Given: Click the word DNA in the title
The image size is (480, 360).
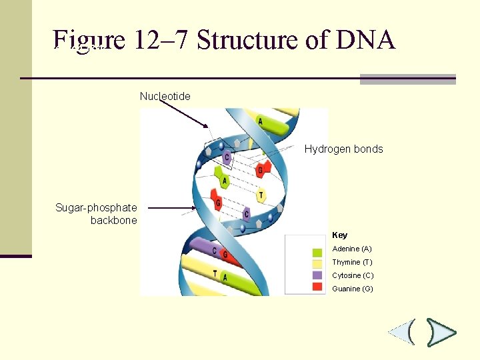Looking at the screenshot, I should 366,40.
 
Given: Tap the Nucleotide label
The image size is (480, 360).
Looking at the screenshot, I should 165,97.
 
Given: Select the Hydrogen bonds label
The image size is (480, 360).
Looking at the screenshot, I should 343,149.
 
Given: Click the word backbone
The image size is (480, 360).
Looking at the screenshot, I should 113,220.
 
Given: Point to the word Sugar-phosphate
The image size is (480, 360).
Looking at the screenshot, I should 96,208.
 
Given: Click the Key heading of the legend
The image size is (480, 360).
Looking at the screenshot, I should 339,235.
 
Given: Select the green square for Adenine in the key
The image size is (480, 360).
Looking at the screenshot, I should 317,253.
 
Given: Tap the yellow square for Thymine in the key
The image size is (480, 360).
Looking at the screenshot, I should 317,264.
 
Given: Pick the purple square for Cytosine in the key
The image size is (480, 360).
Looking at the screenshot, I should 317,275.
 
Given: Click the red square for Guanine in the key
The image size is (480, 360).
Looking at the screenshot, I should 317,286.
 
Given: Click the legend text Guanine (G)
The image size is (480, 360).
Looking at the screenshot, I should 352,289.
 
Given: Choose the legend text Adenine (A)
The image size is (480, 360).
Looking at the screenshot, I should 351,249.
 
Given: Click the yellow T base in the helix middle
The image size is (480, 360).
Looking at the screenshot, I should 261,195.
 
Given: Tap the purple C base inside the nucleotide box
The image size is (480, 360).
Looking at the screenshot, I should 227,157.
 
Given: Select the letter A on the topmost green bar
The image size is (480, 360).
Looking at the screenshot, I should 260,122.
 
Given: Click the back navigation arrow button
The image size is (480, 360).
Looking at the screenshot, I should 403,331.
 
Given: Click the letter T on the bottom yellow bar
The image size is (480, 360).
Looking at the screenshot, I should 215,273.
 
